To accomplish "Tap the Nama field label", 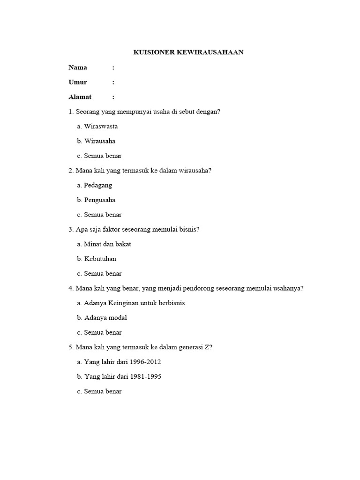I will point(78,67).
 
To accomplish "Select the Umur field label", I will point(78,82).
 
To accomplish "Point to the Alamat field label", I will point(80,97).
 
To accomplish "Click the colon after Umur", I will point(113,82).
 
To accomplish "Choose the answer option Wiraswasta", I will point(101,126).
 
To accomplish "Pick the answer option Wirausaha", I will point(100,141).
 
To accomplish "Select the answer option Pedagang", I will point(98,185).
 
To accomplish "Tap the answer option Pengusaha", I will point(100,200).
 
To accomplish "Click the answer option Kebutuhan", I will point(100,259).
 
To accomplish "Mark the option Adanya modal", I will point(105,317).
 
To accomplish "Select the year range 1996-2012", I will point(146,362).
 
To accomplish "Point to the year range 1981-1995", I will point(146,376).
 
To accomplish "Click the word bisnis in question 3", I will point(190,229).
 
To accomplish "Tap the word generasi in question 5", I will point(187,347).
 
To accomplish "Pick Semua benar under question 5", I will point(103,391).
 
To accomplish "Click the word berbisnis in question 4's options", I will point(169,303).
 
